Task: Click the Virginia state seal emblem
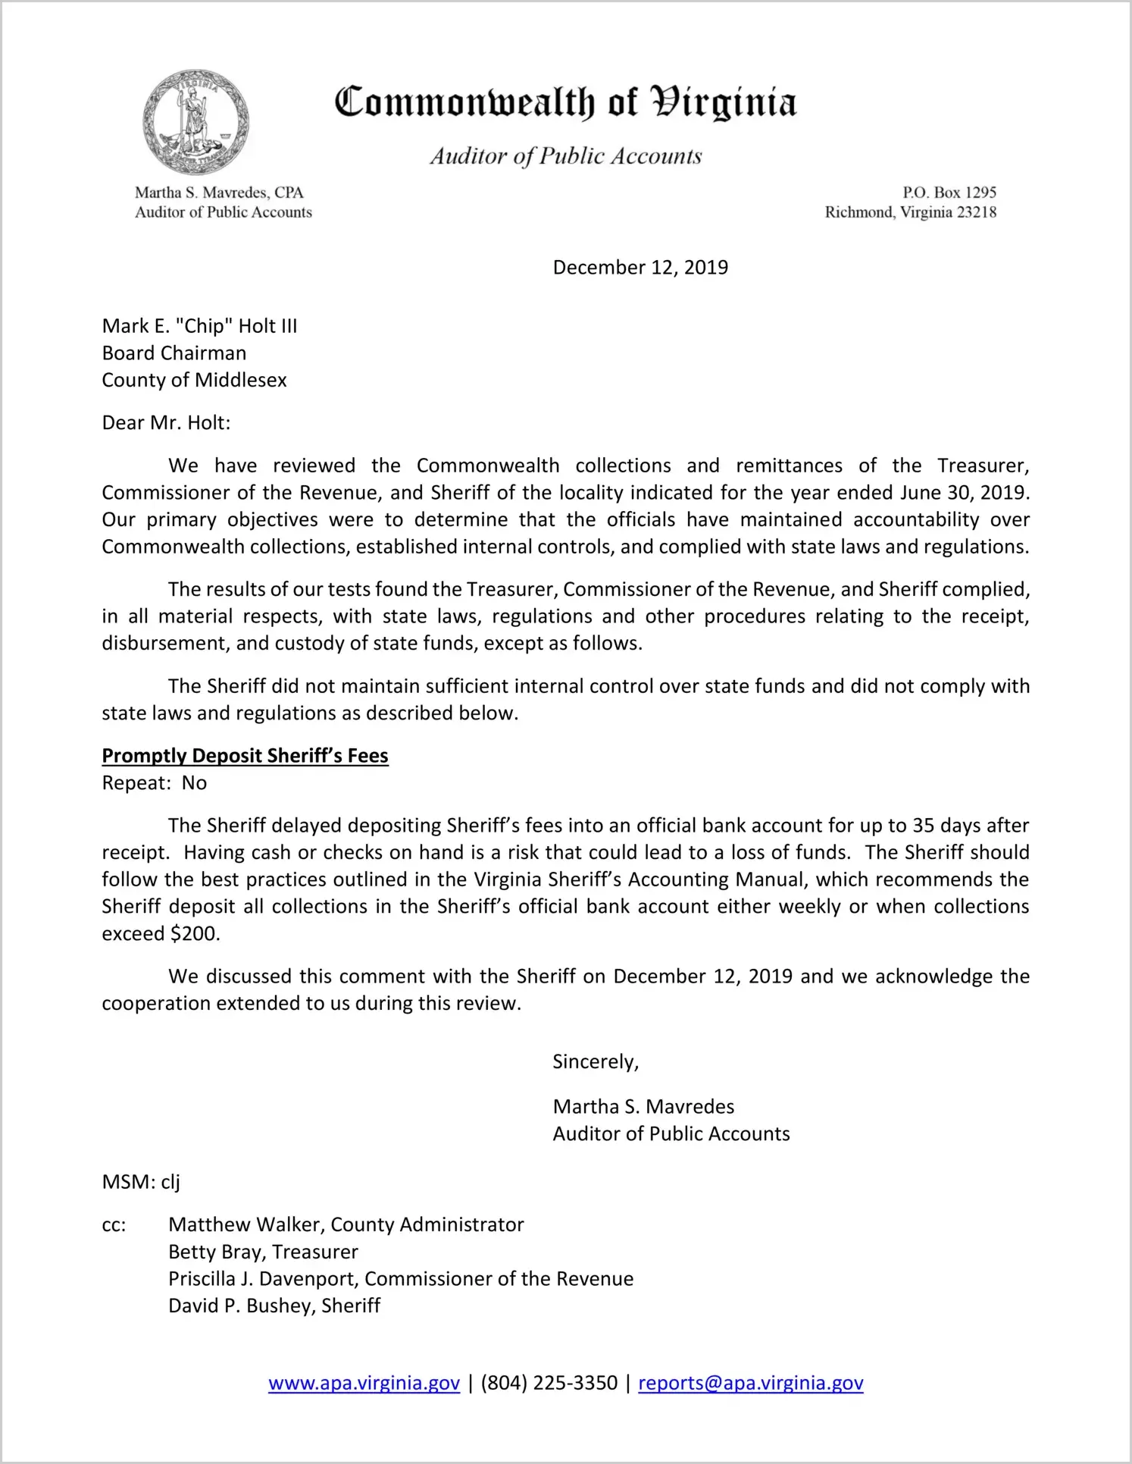[195, 123]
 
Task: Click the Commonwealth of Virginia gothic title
[565, 102]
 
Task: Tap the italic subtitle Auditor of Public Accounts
[566, 156]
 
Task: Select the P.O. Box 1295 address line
[949, 193]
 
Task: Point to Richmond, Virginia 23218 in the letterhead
[910, 212]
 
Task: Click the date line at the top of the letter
[640, 268]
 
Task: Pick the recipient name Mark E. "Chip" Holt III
[199, 326]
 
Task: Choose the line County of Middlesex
[194, 380]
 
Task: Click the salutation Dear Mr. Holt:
[166, 422]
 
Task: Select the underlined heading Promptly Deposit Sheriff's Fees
[245, 756]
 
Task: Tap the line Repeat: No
[154, 783]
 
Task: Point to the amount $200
[195, 934]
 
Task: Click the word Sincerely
[596, 1061]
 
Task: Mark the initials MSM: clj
[141, 1182]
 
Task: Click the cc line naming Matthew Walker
[346, 1224]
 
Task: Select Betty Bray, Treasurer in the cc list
[263, 1252]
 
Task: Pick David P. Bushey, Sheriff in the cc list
[274, 1306]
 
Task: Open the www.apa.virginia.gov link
[364, 1383]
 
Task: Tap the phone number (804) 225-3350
[549, 1383]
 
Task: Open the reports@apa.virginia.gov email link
[750, 1383]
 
